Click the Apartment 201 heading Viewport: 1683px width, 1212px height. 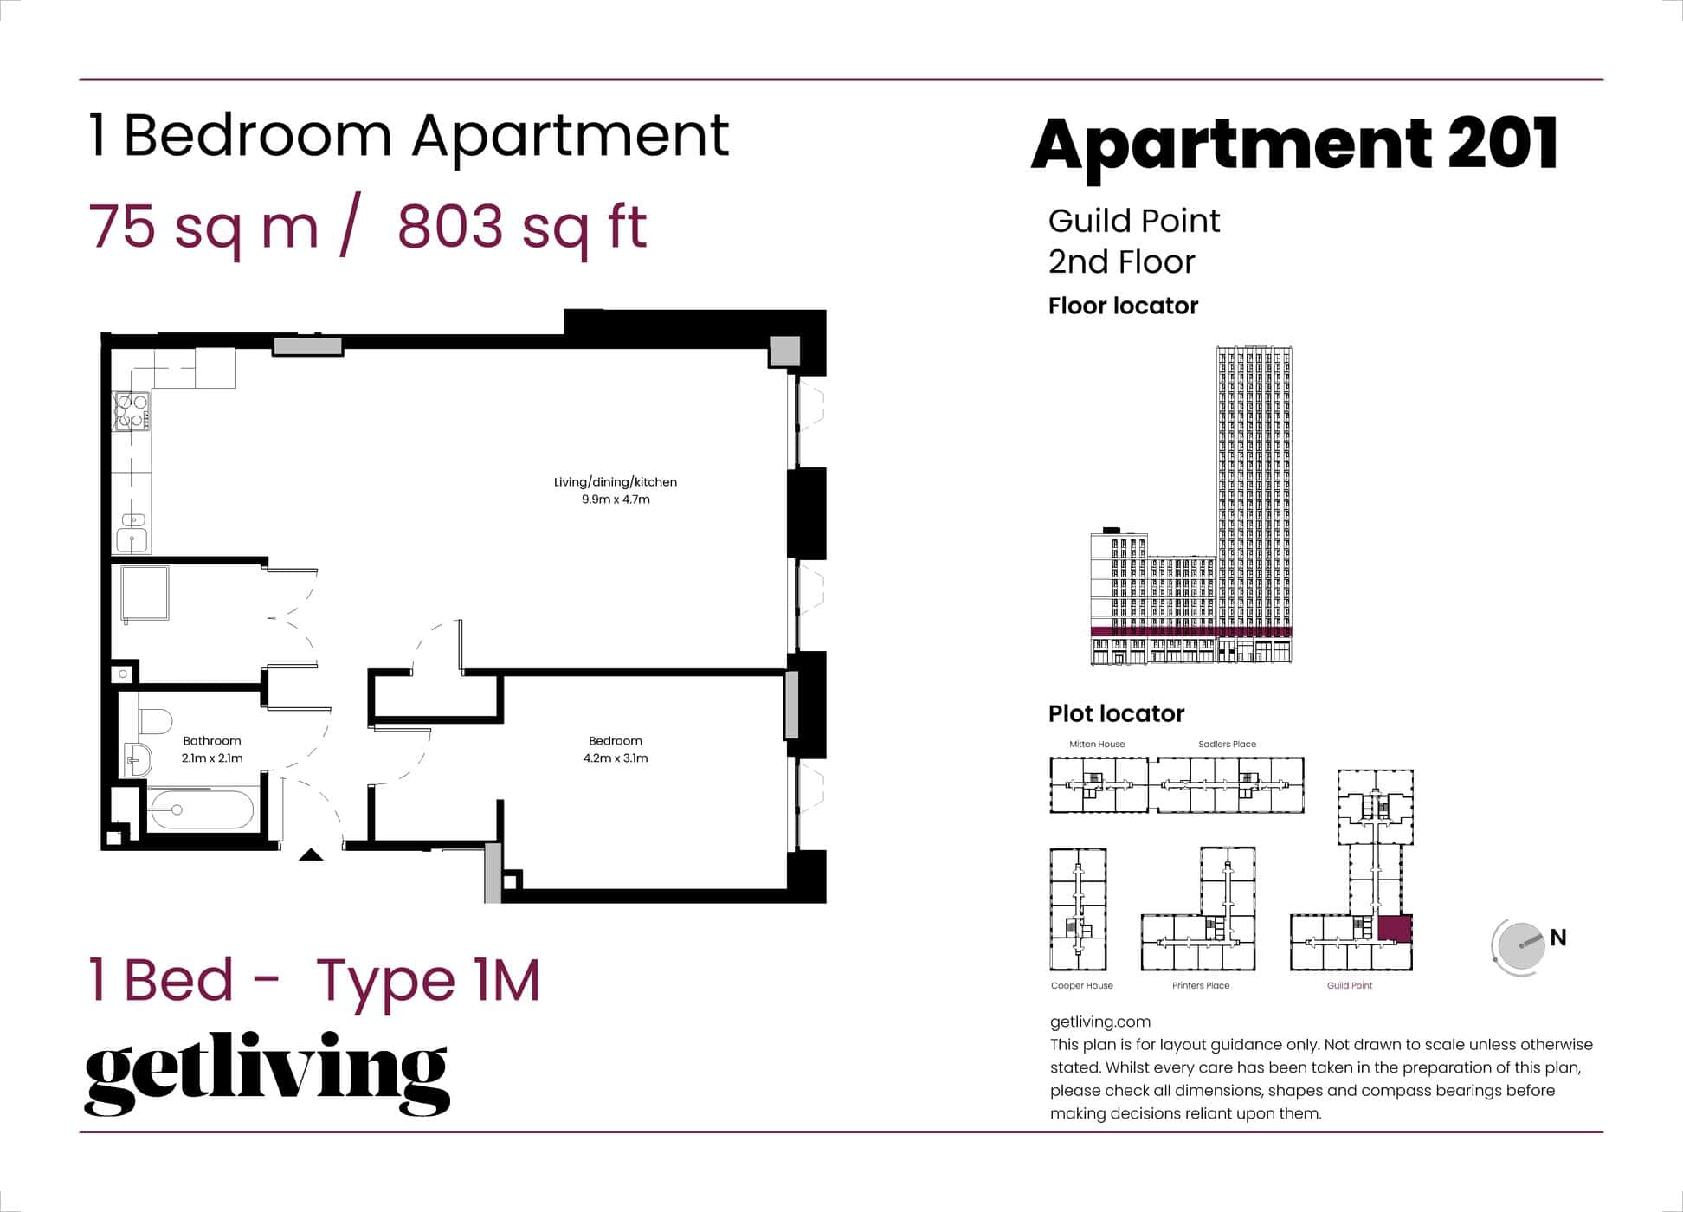(x=1293, y=144)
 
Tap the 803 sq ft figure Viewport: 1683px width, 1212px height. (x=522, y=227)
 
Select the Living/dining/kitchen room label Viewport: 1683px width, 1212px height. (x=615, y=482)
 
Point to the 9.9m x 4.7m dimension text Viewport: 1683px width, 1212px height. (x=615, y=500)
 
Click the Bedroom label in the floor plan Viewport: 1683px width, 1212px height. (x=615, y=741)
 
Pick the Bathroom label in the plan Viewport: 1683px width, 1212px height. (x=211, y=741)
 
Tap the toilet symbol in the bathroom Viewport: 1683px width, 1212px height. (x=155, y=721)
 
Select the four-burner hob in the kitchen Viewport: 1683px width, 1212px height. (x=132, y=411)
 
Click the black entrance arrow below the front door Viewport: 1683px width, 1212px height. (x=311, y=855)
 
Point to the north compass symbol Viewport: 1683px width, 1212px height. (x=1520, y=946)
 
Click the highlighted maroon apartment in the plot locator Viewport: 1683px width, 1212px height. (x=1394, y=928)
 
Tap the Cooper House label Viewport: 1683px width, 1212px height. (x=1081, y=986)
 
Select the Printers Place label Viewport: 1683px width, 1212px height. (x=1200, y=986)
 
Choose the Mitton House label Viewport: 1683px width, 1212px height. (x=1096, y=745)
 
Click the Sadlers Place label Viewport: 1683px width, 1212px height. (x=1227, y=745)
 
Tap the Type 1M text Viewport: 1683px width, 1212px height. (x=428, y=981)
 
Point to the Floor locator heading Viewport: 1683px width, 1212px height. (x=1123, y=306)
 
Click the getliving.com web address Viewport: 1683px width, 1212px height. (x=1099, y=1022)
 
